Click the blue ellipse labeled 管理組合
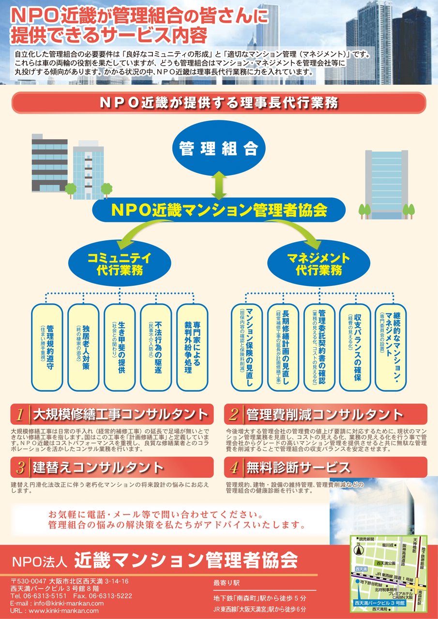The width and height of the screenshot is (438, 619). click(218, 148)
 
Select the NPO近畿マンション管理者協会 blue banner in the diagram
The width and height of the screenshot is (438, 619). click(219, 210)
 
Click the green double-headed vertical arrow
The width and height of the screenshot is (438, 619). click(219, 185)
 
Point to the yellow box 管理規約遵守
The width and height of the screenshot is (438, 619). click(47, 347)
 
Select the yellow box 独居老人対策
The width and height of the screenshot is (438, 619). click(83, 347)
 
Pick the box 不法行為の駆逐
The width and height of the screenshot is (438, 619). click(156, 347)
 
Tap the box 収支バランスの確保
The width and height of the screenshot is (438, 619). click(356, 347)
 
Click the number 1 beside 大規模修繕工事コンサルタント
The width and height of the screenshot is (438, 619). click(20, 415)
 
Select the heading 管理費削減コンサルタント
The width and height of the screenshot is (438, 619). click(324, 415)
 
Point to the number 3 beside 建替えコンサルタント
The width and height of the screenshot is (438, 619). click(20, 468)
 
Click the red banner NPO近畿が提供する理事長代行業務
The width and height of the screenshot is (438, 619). click(219, 103)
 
